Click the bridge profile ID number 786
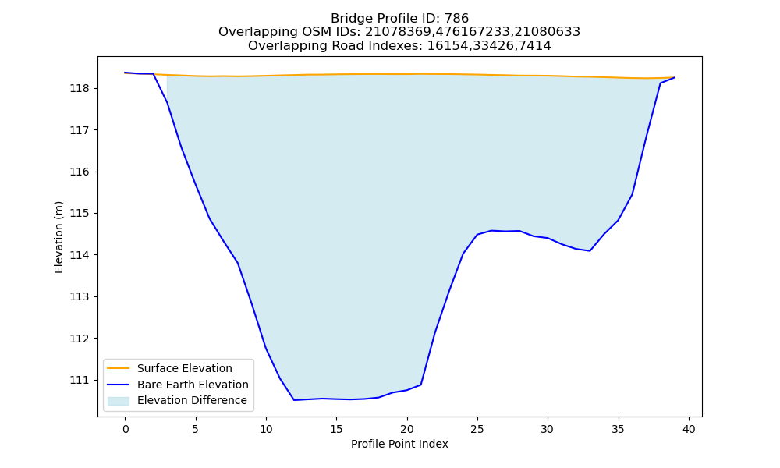coord(456,19)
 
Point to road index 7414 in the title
coord(534,46)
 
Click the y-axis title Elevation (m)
coord(58,237)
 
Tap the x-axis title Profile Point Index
coord(399,444)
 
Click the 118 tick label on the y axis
coord(79,88)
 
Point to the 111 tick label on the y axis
coord(79,380)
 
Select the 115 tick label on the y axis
coord(79,214)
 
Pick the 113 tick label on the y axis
coord(79,297)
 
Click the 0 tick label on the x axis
coord(126,429)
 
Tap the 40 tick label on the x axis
coord(689,429)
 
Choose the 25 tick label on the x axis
coord(477,429)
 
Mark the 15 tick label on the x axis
coord(337,429)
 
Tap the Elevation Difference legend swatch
coord(119,401)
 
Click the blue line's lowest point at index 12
coord(294,400)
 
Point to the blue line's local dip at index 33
coord(590,250)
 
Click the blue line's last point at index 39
coord(675,77)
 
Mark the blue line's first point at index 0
coord(126,73)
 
